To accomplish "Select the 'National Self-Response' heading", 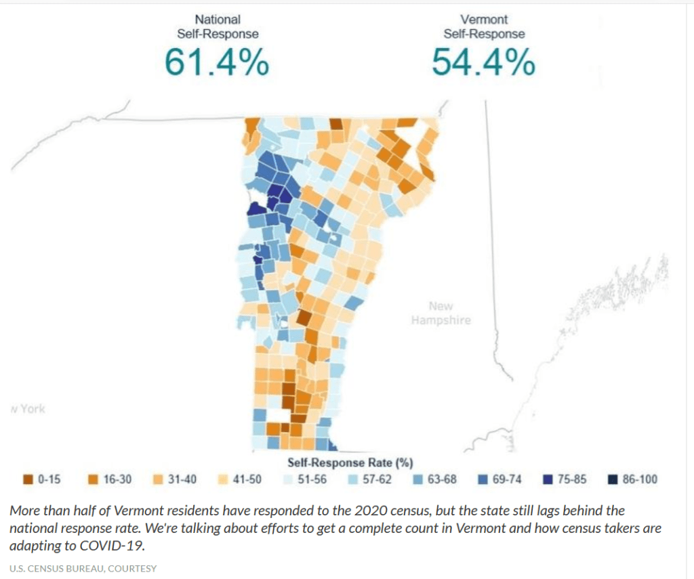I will click(217, 26).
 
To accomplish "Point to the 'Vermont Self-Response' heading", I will click(484, 26).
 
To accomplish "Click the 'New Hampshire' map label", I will click(441, 314).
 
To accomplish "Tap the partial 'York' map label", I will click(29, 409).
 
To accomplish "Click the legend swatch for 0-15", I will click(28, 480).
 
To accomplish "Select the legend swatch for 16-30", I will click(94, 480).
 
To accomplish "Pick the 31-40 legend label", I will click(182, 480).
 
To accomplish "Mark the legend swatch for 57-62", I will click(353, 480).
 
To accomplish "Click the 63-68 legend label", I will click(442, 480).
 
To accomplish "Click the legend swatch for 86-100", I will click(611, 480).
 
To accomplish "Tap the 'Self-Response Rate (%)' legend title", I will click(350, 463).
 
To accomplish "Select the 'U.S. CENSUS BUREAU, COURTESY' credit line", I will click(83, 568).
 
